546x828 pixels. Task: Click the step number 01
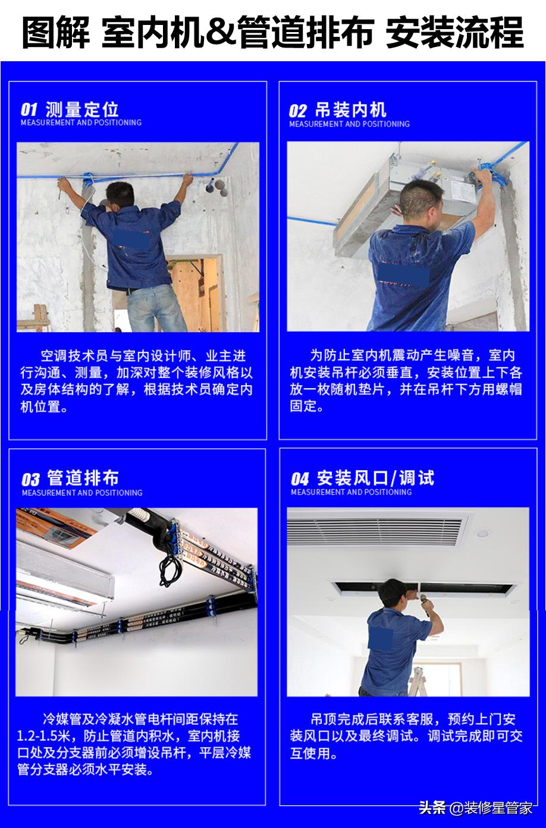tap(29, 110)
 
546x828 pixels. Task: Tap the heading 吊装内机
tap(351, 110)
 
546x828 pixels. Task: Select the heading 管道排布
tap(83, 478)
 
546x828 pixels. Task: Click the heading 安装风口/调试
tap(375, 478)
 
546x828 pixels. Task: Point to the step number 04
tap(300, 479)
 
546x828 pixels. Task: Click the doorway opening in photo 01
tap(196, 285)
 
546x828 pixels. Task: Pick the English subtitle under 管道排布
tap(82, 493)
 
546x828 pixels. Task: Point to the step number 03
tap(31, 480)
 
